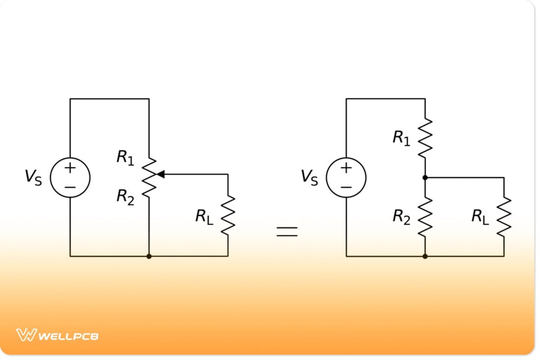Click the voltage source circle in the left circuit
pyautogui.click(x=70, y=177)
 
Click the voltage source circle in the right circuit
pyautogui.click(x=346, y=177)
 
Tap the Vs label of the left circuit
pyautogui.click(x=33, y=177)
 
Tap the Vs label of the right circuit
pyautogui.click(x=310, y=177)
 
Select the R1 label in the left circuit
pyautogui.click(x=125, y=158)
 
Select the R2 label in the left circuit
pyautogui.click(x=125, y=196)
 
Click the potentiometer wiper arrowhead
pyautogui.click(x=160, y=174)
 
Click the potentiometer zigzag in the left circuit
pyautogui.click(x=149, y=177)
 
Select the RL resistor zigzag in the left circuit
pyautogui.click(x=228, y=215)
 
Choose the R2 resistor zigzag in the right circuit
pyautogui.click(x=425, y=217)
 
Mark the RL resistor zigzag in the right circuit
pyautogui.click(x=504, y=217)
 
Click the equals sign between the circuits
pyautogui.click(x=287, y=231)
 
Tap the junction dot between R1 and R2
pyautogui.click(x=425, y=178)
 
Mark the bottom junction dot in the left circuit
pyautogui.click(x=149, y=256)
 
